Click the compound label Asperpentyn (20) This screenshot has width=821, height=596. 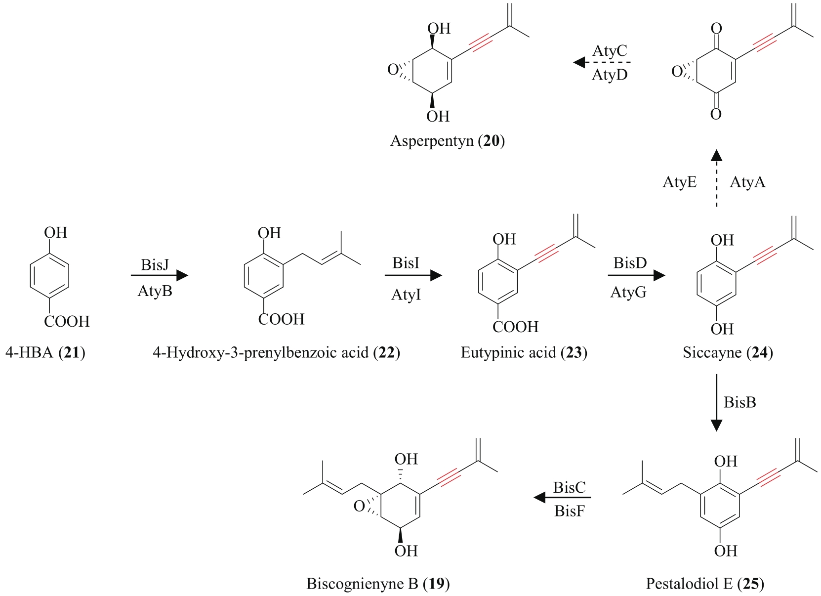click(447, 141)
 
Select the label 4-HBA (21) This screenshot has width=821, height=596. click(45, 353)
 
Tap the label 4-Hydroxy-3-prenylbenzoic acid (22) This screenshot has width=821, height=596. click(276, 353)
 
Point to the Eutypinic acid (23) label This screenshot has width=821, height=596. click(524, 353)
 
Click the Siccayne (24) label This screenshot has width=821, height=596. click(728, 353)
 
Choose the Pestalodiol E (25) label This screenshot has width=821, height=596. click(705, 584)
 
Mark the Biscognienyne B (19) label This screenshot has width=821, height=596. click(378, 584)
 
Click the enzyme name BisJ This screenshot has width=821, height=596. click(155, 265)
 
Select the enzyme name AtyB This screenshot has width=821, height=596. click(155, 291)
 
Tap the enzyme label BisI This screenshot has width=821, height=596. click(406, 263)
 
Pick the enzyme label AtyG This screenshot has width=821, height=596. click(628, 293)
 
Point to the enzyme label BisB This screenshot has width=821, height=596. click(739, 402)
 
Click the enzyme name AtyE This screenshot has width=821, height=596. click(680, 182)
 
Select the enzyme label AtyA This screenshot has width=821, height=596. click(747, 182)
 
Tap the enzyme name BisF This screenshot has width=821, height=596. click(569, 511)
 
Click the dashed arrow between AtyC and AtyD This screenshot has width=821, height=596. click(603, 63)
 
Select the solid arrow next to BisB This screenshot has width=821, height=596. click(716, 402)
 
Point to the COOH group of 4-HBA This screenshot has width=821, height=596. click(67, 322)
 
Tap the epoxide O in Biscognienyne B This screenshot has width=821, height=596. click(359, 507)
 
